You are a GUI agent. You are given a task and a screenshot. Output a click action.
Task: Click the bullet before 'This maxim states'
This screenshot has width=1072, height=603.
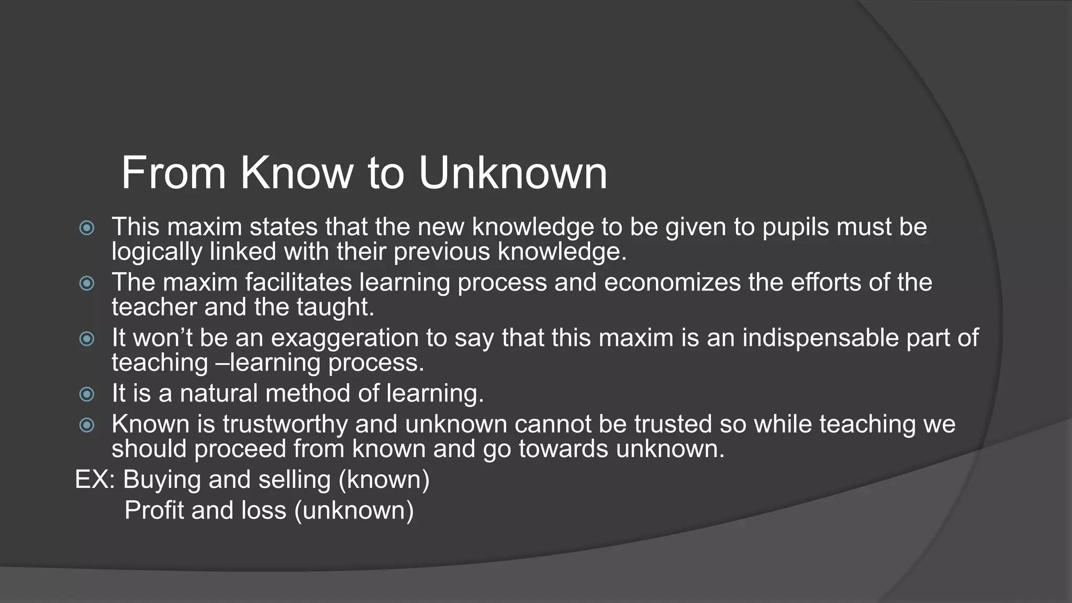(x=87, y=228)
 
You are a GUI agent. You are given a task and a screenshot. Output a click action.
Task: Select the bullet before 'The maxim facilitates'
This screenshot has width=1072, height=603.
(x=87, y=283)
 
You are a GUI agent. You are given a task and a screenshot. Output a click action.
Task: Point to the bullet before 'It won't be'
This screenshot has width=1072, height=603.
(x=87, y=339)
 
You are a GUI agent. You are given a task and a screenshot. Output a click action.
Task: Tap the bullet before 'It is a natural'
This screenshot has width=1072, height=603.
(x=87, y=394)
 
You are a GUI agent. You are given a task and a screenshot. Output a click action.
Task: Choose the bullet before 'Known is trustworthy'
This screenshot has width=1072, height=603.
(x=87, y=425)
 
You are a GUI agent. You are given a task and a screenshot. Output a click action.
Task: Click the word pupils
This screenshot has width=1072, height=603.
(x=796, y=228)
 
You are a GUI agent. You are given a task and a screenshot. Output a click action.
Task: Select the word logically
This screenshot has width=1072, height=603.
(x=157, y=252)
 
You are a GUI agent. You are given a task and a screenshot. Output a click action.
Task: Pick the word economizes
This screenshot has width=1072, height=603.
(x=672, y=283)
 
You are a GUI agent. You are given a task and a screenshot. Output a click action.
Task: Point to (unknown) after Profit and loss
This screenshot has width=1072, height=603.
(x=354, y=510)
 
